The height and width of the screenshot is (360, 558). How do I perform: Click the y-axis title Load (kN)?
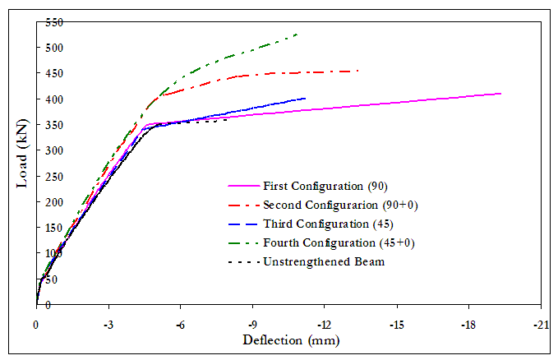(23, 161)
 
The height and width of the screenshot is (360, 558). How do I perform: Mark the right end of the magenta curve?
(501, 93)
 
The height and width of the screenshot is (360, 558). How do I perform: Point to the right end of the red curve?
(358, 71)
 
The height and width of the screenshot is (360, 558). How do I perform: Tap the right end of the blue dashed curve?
(306, 98)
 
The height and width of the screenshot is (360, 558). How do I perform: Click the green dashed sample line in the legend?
(243, 243)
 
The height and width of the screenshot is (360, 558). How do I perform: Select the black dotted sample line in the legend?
(243, 263)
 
